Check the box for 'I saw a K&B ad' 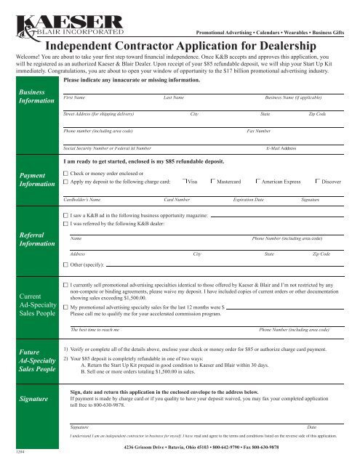point(66,217)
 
